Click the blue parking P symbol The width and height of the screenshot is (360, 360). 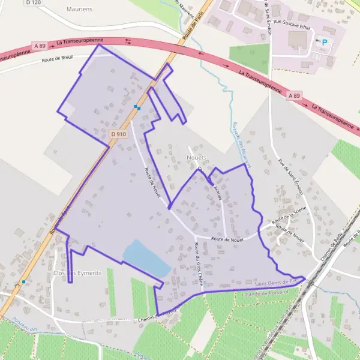[325, 42]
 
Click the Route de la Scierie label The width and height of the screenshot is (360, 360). [289, 214]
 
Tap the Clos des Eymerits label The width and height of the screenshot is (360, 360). [77, 273]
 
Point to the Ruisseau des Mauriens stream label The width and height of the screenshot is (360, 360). [240, 144]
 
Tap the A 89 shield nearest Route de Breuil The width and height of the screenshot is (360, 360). [40, 46]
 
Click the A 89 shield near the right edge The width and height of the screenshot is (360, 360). [293, 95]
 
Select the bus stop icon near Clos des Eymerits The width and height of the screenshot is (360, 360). [24, 281]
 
